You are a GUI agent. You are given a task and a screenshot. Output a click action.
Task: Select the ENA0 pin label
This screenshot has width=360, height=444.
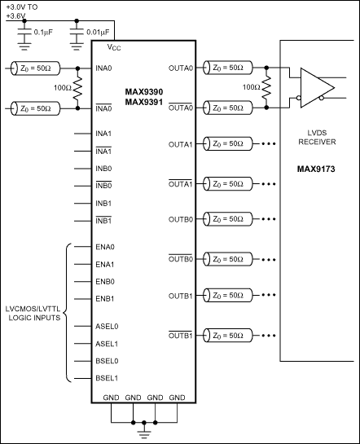(104, 246)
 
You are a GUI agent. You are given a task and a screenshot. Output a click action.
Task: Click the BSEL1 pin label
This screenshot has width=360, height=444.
(106, 378)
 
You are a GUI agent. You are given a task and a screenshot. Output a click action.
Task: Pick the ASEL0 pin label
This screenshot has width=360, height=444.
(106, 327)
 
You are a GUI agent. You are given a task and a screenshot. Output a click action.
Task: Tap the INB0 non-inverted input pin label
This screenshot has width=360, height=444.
(103, 168)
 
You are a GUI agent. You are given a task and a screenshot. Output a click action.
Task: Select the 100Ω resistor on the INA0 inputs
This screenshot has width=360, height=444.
(78, 87)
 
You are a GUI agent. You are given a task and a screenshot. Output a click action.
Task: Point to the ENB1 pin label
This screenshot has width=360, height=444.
(104, 298)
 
